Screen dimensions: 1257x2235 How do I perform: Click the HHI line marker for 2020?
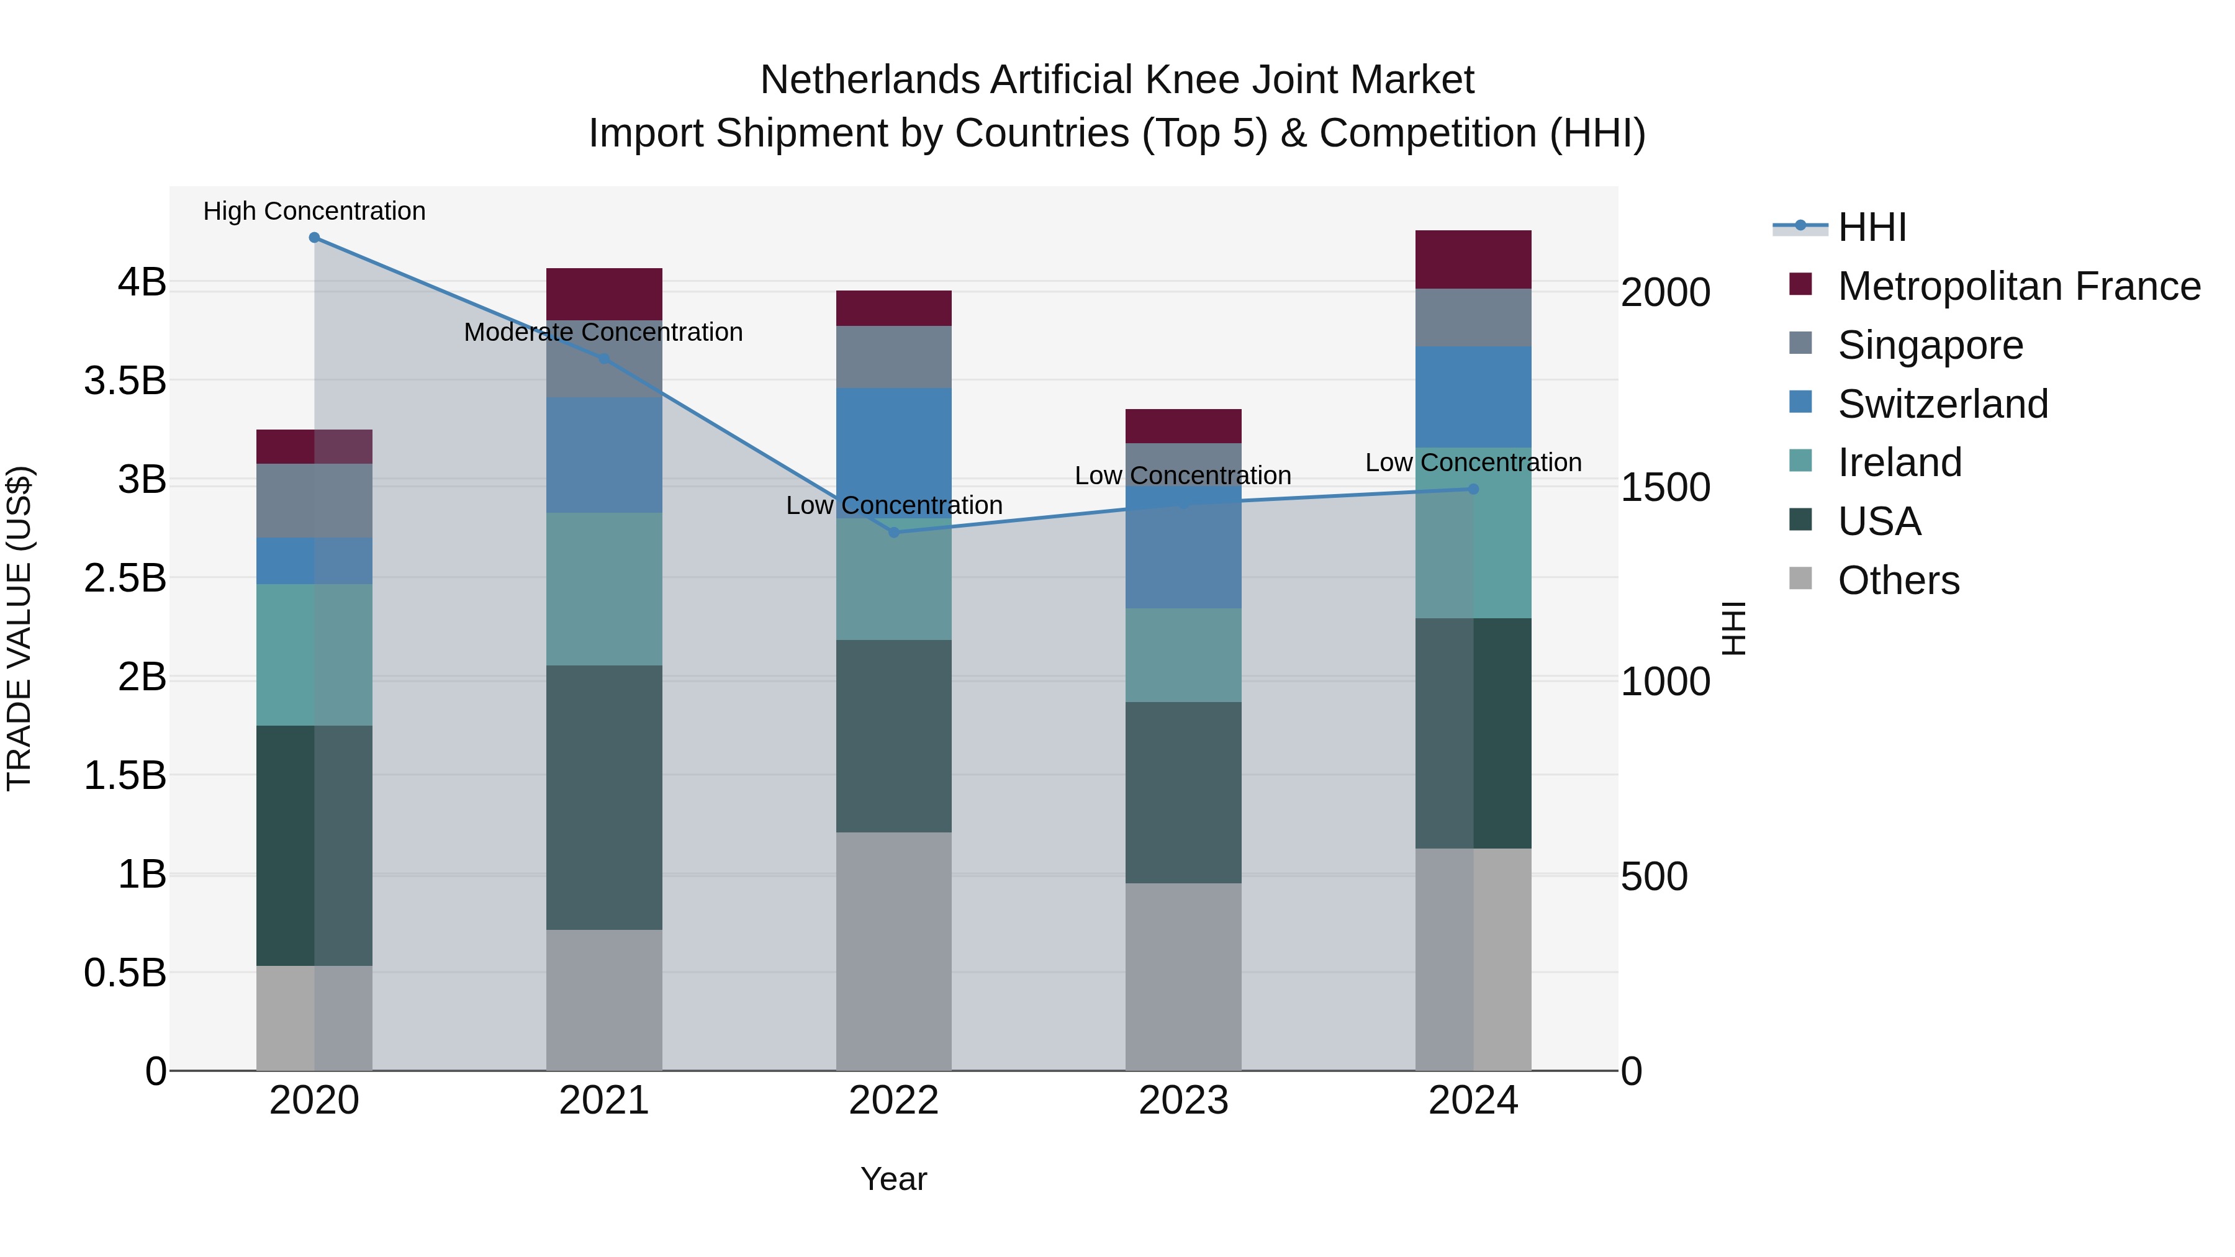click(x=314, y=238)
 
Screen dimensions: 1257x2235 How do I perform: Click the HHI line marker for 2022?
click(x=893, y=532)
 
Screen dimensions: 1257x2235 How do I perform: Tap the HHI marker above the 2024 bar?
click(x=1473, y=489)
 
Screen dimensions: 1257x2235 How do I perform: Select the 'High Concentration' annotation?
click(x=314, y=211)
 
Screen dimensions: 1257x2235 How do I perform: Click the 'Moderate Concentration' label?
click(x=603, y=332)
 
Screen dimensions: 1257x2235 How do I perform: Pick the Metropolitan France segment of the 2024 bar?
click(x=1473, y=259)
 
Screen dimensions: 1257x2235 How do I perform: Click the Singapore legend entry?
click(x=1930, y=345)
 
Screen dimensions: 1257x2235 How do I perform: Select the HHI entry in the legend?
click(x=1871, y=227)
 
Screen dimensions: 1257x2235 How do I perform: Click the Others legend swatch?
click(x=1800, y=579)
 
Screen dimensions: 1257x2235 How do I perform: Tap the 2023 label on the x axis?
click(x=1183, y=1101)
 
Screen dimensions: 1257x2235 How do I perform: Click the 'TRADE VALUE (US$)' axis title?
click(x=19, y=628)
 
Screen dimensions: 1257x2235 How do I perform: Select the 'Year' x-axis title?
click(x=893, y=1179)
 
